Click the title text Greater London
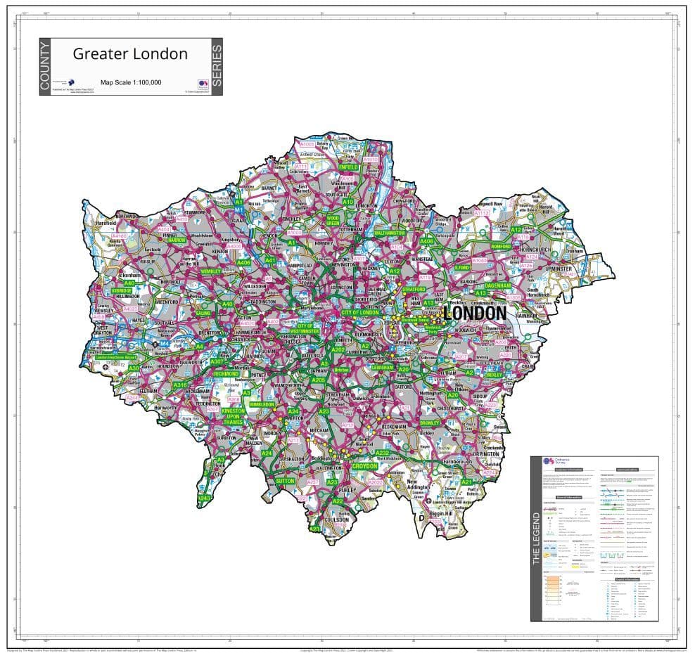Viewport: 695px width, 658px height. coord(130,54)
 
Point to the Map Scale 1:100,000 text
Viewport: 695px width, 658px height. coord(131,82)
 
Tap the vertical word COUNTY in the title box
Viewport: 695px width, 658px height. coord(45,67)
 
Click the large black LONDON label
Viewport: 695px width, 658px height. coord(475,312)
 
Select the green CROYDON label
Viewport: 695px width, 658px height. coord(365,466)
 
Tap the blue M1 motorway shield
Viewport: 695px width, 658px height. coord(239,209)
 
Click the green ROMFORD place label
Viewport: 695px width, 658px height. coord(501,247)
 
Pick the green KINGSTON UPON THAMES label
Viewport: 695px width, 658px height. coord(234,416)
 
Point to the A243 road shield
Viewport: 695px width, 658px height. coord(205,498)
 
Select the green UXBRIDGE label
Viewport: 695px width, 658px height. coord(121,290)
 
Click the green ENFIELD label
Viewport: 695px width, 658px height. coord(348,168)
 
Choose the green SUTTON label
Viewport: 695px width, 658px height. coord(285,481)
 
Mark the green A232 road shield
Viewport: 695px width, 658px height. coord(382,453)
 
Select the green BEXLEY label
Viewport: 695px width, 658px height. coord(494,375)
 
